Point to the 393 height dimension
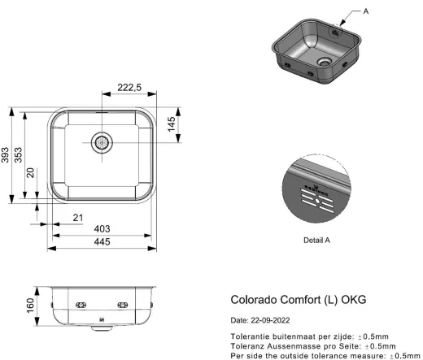pyautogui.click(x=6, y=154)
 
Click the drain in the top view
pyautogui.click(x=102, y=141)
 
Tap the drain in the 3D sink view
pyautogui.click(x=325, y=60)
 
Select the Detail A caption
pyautogui.click(x=316, y=240)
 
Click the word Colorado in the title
pyautogui.click(x=255, y=300)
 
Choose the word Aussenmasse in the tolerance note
pyautogui.click(x=294, y=346)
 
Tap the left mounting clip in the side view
pyautogui.click(x=80, y=304)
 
